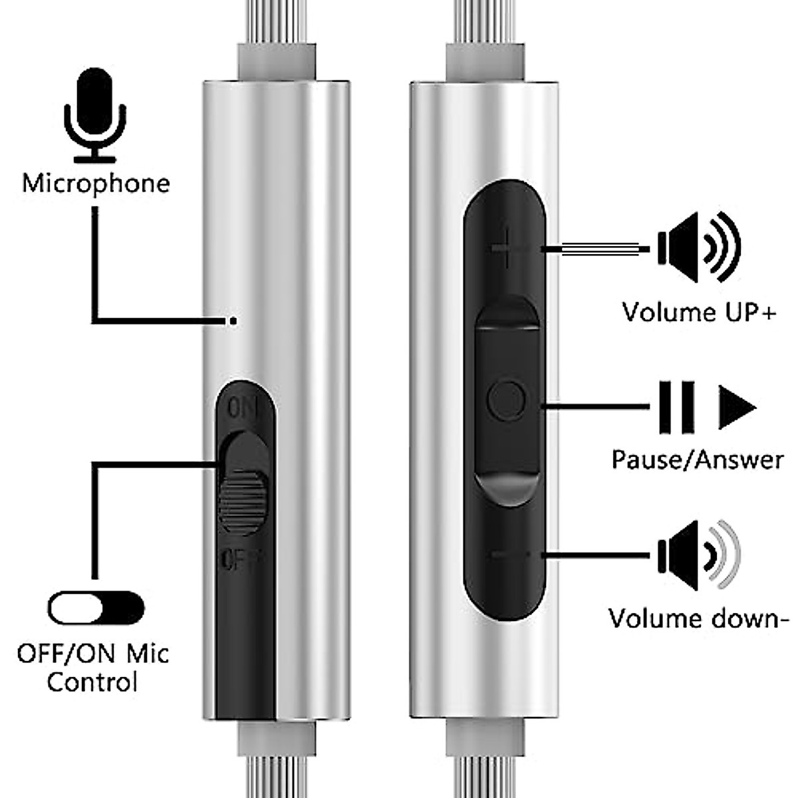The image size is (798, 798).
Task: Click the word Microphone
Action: (96, 183)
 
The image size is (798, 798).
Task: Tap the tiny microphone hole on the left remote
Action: (233, 321)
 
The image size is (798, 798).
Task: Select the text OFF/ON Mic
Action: (93, 652)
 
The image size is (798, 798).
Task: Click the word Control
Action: (92, 682)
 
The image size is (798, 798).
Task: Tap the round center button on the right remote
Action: (506, 400)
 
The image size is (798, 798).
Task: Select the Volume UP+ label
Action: (698, 311)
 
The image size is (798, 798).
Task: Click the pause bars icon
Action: (676, 406)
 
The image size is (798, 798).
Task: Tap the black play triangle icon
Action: (736, 406)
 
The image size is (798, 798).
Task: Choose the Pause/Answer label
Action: (698, 460)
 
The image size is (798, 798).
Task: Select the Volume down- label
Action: (699, 618)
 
